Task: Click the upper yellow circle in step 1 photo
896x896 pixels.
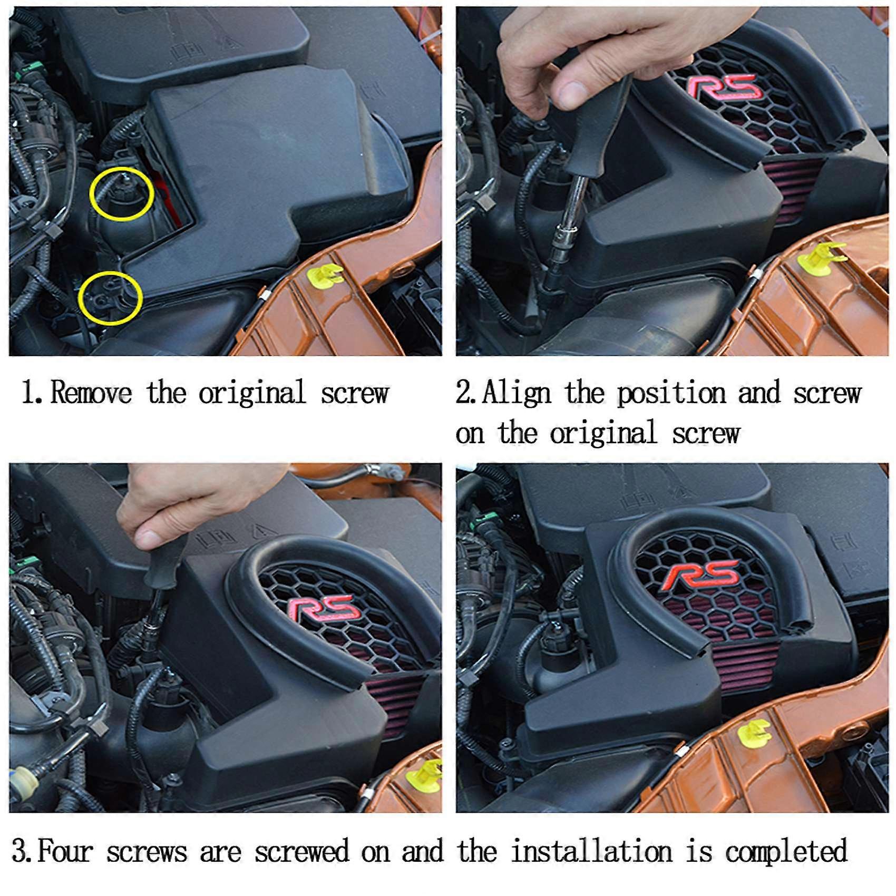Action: [x=122, y=194]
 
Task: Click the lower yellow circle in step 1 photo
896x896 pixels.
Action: [x=110, y=299]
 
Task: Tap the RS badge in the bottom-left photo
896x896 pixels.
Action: [x=322, y=611]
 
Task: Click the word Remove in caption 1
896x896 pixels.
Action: [x=91, y=393]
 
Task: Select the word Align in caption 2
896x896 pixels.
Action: [x=517, y=393]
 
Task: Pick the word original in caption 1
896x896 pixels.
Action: [x=252, y=393]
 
